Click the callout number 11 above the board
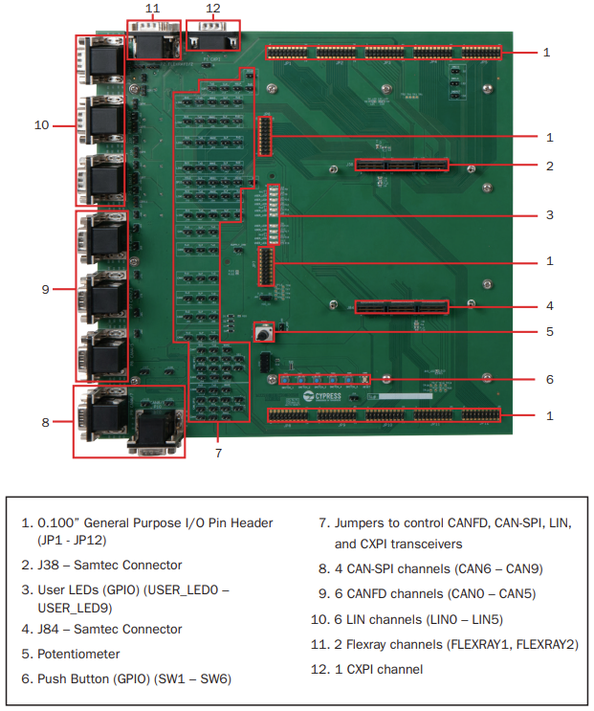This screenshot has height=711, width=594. (153, 9)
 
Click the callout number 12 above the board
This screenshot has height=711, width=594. (211, 9)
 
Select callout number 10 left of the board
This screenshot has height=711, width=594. (41, 124)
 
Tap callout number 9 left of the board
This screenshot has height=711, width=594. (45, 288)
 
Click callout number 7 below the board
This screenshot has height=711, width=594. (218, 452)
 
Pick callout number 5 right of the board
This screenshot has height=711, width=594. (548, 333)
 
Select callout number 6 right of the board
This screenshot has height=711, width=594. (548, 379)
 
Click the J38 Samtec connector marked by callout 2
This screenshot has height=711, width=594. (402, 166)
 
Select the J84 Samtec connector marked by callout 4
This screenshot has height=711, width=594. (402, 307)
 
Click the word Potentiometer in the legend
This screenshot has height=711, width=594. (79, 654)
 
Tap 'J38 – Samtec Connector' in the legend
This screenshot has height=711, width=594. (110, 565)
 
